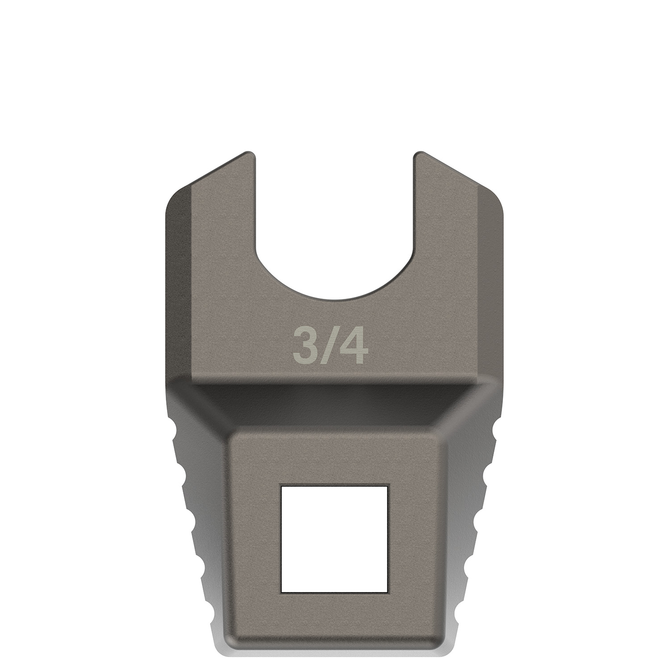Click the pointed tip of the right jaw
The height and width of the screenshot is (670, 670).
tap(420, 153)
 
